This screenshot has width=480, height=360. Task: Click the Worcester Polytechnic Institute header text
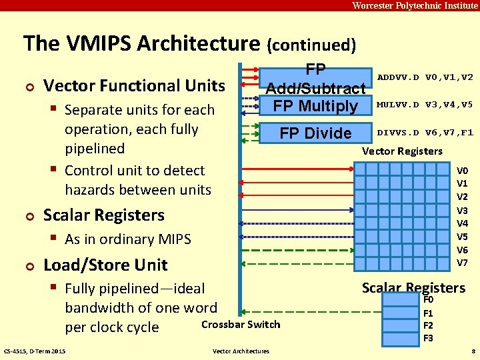pyautogui.click(x=415, y=6)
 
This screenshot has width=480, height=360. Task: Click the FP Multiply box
pyautogui.click(x=315, y=106)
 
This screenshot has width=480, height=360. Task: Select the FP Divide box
pyautogui.click(x=315, y=133)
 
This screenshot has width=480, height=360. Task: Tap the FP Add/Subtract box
pyautogui.click(x=315, y=79)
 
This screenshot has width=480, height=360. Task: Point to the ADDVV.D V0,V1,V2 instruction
pyautogui.click(x=425, y=77)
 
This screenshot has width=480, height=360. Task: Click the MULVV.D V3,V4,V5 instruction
pyautogui.click(x=425, y=105)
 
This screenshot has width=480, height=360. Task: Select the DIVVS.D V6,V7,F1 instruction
pyautogui.click(x=425, y=132)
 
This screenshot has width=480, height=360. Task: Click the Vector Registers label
pyautogui.click(x=402, y=151)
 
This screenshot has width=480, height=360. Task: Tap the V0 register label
pyautogui.click(x=462, y=170)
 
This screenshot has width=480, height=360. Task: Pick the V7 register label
pyautogui.click(x=462, y=263)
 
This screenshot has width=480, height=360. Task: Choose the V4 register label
pyautogui.click(x=462, y=223)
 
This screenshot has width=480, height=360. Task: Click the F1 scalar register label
pyautogui.click(x=429, y=313)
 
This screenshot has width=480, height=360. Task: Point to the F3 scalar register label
pyautogui.click(x=429, y=338)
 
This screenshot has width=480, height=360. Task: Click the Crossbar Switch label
pyautogui.click(x=241, y=325)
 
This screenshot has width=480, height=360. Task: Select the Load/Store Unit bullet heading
pyautogui.click(x=105, y=265)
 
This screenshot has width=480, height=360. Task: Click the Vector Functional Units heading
pyautogui.click(x=134, y=85)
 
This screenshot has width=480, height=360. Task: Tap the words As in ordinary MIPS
pyautogui.click(x=128, y=239)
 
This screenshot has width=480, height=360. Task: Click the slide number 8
pyautogui.click(x=473, y=351)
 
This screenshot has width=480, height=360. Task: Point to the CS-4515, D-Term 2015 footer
pyautogui.click(x=35, y=351)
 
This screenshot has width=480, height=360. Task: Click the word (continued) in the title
pyautogui.click(x=311, y=45)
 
